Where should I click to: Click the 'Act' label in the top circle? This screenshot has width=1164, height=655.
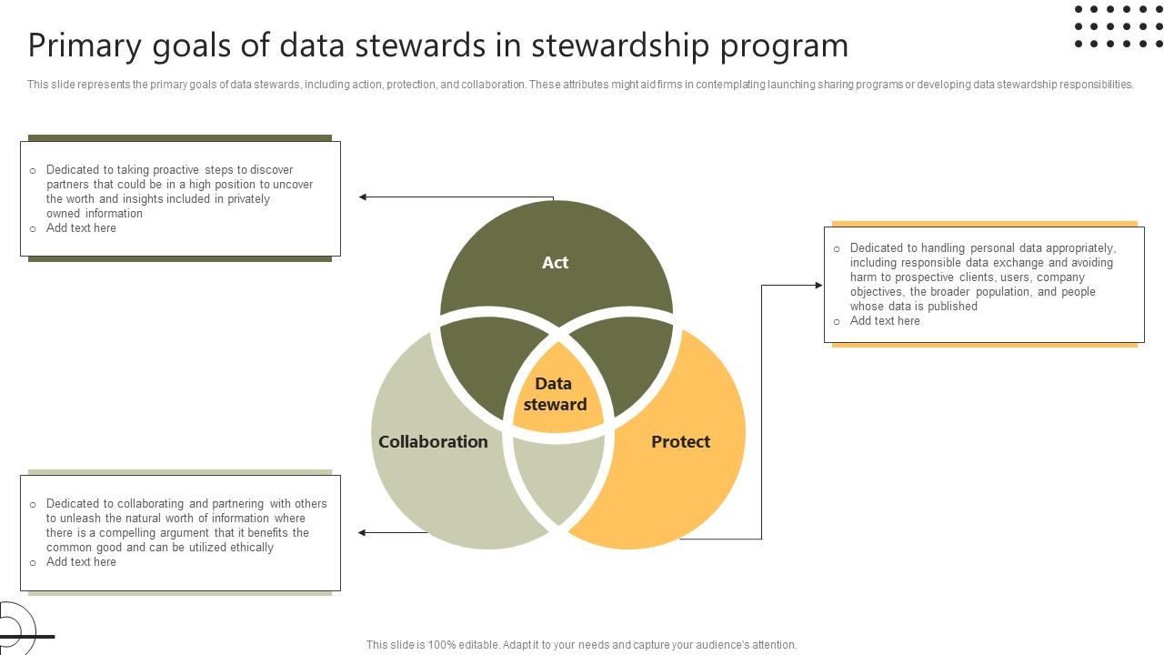coord(555,263)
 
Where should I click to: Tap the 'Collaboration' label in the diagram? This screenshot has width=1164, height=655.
coord(433,442)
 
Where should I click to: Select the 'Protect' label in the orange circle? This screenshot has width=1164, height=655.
coord(680,442)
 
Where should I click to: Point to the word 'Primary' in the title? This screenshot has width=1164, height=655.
coord(82,45)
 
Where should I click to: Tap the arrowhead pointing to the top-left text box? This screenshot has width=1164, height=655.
coord(363,196)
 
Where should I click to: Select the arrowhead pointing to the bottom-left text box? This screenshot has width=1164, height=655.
coord(363,532)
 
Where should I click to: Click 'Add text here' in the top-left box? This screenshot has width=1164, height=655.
coord(81,228)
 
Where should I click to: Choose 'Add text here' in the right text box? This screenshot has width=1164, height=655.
coord(885,321)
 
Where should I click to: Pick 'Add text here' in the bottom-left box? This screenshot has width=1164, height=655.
coord(81,562)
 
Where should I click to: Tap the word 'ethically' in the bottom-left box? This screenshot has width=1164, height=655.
coord(252,548)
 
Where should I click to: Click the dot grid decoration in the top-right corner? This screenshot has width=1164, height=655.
coord(1118,26)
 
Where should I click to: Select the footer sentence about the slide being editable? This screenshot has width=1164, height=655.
coord(582,645)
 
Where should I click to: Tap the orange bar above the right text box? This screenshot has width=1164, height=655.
coord(984,223)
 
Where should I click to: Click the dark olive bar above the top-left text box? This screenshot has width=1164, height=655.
coord(180,137)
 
